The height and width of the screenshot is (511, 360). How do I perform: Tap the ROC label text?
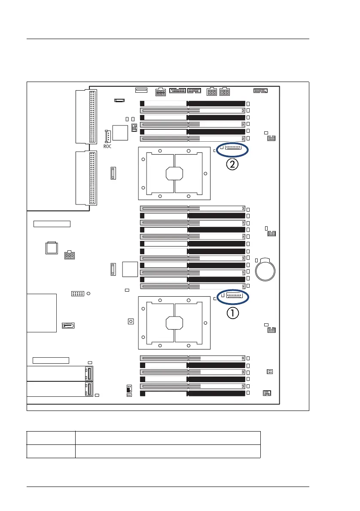tap(107, 146)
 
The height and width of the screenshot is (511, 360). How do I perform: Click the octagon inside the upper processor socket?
tap(174, 173)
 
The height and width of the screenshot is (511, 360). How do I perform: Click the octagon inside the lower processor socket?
tap(174, 322)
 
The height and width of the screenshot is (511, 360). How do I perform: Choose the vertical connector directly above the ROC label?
tap(108, 136)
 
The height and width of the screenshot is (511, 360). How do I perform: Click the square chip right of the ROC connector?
tap(121, 133)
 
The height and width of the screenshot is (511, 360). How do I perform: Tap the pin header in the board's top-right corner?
tap(260, 91)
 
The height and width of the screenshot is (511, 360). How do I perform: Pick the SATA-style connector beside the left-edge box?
tap(68, 326)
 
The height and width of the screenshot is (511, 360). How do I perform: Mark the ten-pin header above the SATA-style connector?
tap(77, 294)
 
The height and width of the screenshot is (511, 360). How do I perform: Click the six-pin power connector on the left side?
tap(69, 255)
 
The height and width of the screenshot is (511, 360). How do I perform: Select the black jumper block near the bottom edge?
tap(129, 389)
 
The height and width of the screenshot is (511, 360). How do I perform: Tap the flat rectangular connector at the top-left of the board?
tap(141, 90)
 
